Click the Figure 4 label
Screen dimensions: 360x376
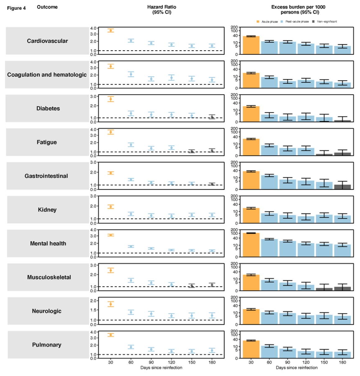pos(16,8)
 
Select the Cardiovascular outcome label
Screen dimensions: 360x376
pos(47,41)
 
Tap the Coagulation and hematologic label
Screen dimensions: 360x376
pos(47,75)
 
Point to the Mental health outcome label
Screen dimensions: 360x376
pos(48,243)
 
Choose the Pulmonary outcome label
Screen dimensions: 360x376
pos(47,345)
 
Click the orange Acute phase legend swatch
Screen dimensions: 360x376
pos(258,22)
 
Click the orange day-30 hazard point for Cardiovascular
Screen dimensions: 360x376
pos(110,30)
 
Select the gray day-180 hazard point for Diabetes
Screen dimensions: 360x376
pos(212,117)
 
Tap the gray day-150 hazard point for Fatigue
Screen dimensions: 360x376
pos(192,151)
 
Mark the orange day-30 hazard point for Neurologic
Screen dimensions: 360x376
pos(110,304)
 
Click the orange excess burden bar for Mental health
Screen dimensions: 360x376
pos(251,245)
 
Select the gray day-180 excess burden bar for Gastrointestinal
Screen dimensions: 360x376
pos(342,187)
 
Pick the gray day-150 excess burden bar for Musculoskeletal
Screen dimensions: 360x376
pos(324,289)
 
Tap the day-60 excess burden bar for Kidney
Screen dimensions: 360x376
pos(269,218)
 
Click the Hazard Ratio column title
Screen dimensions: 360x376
pos(162,9)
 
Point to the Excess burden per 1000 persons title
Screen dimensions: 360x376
pos(298,9)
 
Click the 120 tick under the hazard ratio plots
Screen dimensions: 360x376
pos(171,362)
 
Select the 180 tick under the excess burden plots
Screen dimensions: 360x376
pos(342,362)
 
